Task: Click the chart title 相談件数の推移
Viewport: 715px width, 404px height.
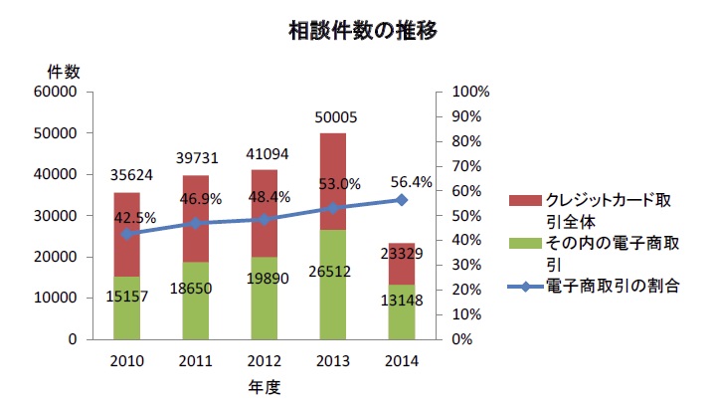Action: (362, 31)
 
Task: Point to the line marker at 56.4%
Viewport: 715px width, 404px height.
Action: (402, 200)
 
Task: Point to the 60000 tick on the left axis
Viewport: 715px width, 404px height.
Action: (58, 93)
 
